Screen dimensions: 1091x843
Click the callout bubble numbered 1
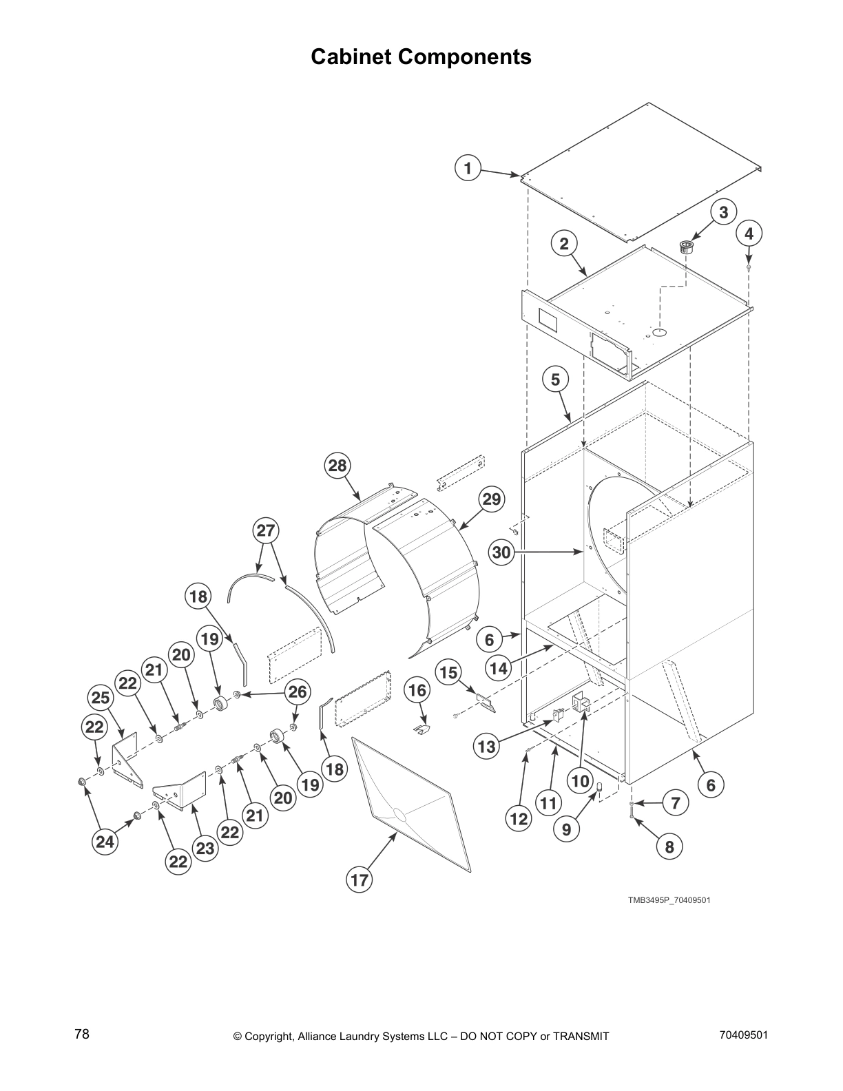pyautogui.click(x=468, y=168)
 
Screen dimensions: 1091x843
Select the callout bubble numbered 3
pyautogui.click(x=723, y=212)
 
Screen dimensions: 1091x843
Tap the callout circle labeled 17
pyautogui.click(x=360, y=880)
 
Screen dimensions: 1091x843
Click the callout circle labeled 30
pyautogui.click(x=502, y=552)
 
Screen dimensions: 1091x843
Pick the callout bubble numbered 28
pyautogui.click(x=337, y=466)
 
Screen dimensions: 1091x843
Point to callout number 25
pyautogui.click(x=101, y=698)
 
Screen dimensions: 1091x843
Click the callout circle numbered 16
pyautogui.click(x=417, y=690)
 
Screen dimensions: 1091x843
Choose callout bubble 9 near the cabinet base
pyautogui.click(x=566, y=829)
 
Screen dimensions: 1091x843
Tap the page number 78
pyautogui.click(x=82, y=1034)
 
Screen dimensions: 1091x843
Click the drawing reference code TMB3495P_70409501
pyautogui.click(x=668, y=900)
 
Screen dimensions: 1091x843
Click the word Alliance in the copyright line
pyautogui.click(x=321, y=1037)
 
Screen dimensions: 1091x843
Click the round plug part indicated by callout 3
pyautogui.click(x=687, y=247)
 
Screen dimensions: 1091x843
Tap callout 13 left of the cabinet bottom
pyautogui.click(x=486, y=747)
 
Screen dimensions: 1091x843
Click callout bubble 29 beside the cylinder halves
pyautogui.click(x=491, y=499)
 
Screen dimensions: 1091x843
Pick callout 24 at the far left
pyautogui.click(x=105, y=841)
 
